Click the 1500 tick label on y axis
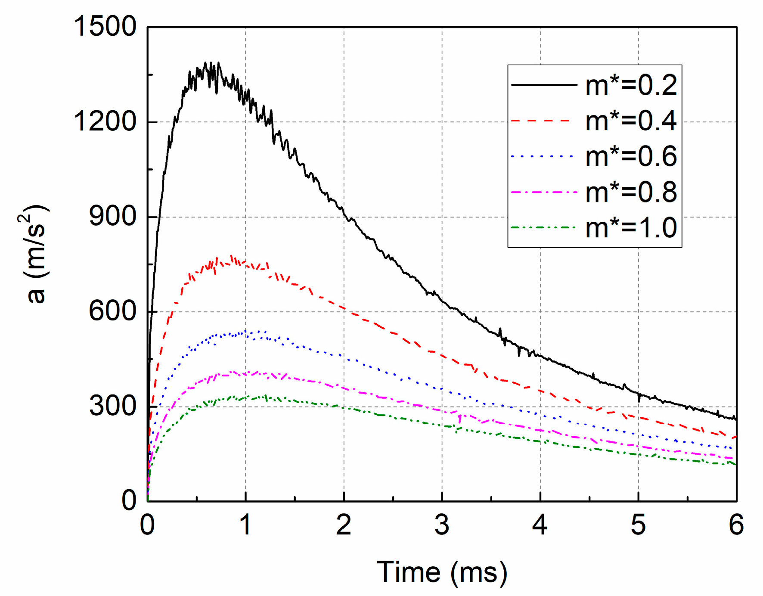(105, 27)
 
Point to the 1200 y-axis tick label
(105, 122)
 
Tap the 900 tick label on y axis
(112, 217)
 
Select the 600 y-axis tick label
(112, 311)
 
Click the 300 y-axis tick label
(112, 406)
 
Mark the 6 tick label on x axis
(736, 525)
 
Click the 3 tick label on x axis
(442, 525)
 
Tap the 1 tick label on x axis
(245, 525)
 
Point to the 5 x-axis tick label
(638, 525)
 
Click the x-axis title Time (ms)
(442, 573)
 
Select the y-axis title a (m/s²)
(34, 254)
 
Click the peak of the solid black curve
(206, 63)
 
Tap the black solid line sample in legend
(543, 85)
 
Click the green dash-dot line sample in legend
(543, 228)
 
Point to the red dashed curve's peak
(232, 257)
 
